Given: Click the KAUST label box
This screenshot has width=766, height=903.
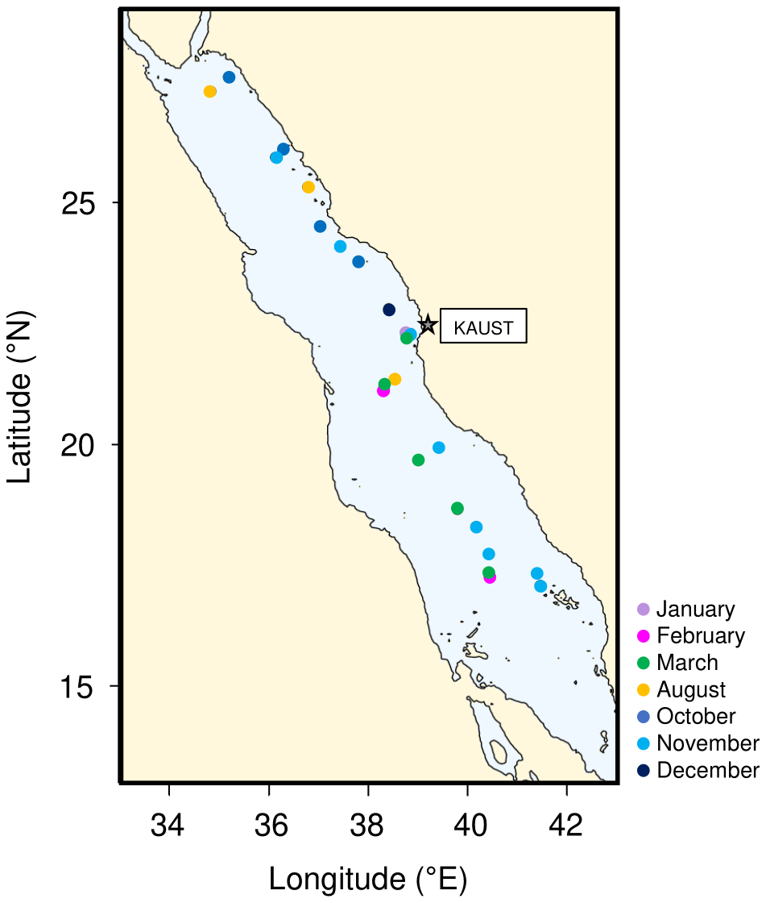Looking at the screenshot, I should pyautogui.click(x=483, y=327).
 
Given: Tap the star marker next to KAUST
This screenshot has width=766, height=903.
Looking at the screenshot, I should pyautogui.click(x=428, y=324).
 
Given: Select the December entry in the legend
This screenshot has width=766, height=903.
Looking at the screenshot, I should pyautogui.click(x=698, y=770).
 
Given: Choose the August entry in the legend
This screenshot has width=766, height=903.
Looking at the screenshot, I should pyautogui.click(x=681, y=689).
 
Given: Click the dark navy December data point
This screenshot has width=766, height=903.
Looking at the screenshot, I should pyautogui.click(x=389, y=310).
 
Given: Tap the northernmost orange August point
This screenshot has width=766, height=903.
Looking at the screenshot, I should pyautogui.click(x=210, y=92).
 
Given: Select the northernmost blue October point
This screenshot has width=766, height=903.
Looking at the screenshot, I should pyautogui.click(x=229, y=77).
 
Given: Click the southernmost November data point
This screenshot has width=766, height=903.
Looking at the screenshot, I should pyautogui.click(x=540, y=586).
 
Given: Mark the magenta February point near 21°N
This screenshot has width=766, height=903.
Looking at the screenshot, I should pyautogui.click(x=383, y=391).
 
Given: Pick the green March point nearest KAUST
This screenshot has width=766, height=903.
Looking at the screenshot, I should pyautogui.click(x=407, y=338).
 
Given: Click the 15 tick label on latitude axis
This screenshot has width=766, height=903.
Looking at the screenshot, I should pyautogui.click(x=80, y=686).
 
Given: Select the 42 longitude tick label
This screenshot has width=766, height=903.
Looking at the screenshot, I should pyautogui.click(x=566, y=825).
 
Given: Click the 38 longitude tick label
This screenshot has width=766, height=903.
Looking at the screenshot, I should pyautogui.click(x=368, y=825).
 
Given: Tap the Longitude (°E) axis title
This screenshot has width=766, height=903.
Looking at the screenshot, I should pyautogui.click(x=368, y=878).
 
